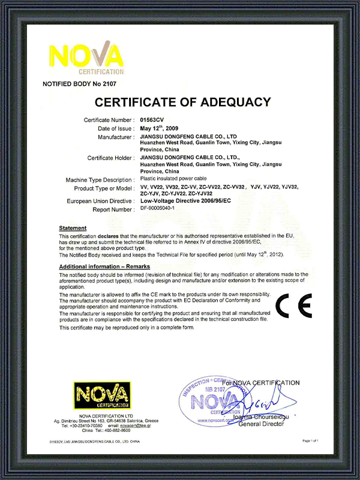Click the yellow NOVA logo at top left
tap(86, 56)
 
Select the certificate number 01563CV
tap(151, 121)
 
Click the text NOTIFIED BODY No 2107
tap(79, 83)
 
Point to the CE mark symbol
tap(293, 307)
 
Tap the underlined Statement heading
tap(73, 228)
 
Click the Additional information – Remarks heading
tap(104, 266)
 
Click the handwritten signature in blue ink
tap(270, 401)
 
